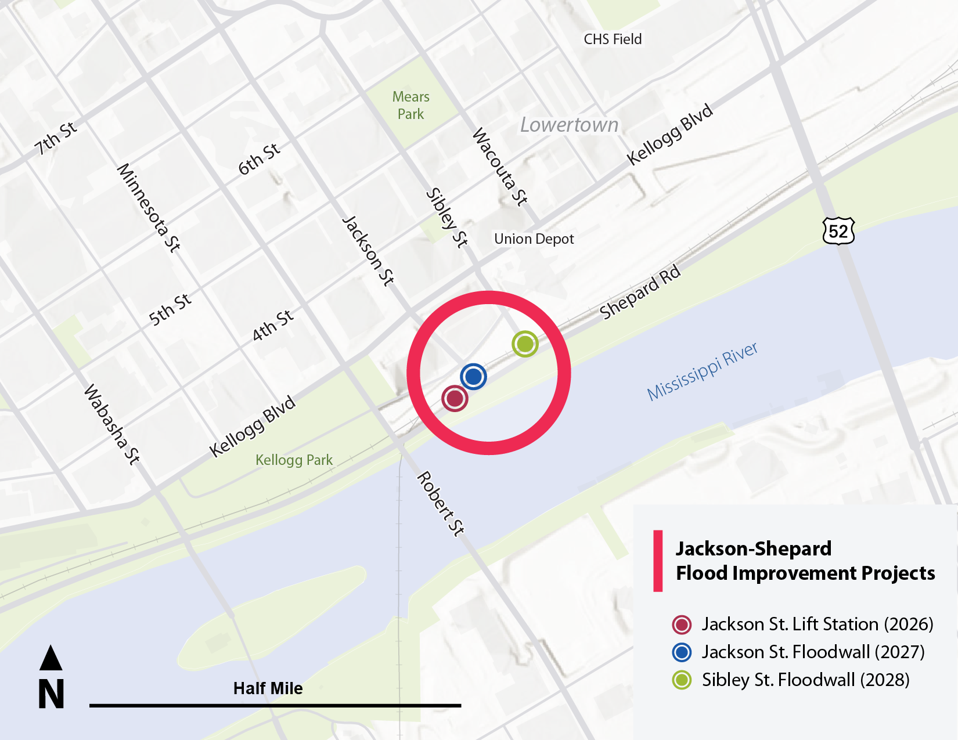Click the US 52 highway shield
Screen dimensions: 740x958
pos(838,231)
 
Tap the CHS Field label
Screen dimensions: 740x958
pos(613,39)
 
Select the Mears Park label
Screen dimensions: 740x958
pos(410,105)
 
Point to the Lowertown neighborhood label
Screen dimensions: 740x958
pos(569,125)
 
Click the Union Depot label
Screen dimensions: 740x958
pos(534,239)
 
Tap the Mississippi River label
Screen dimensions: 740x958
pos(702,371)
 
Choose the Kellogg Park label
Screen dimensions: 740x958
pos(294,460)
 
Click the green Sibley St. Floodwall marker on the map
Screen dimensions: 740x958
pos(525,344)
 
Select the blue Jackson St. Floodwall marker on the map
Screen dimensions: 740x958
pos(473,376)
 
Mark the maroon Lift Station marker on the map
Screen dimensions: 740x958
pos(455,399)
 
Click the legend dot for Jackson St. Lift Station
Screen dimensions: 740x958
pos(682,625)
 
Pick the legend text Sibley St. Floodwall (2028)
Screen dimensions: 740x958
pos(805,680)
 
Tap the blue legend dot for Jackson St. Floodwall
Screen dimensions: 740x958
pos(682,652)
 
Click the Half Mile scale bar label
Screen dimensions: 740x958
pos(268,688)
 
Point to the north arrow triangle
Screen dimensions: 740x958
pos(51,658)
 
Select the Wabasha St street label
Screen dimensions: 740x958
pos(112,424)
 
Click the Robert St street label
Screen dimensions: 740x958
pos(441,503)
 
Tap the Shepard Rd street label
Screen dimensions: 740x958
pos(640,292)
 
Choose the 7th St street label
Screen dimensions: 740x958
pos(56,138)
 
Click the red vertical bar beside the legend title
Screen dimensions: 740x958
pos(658,561)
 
